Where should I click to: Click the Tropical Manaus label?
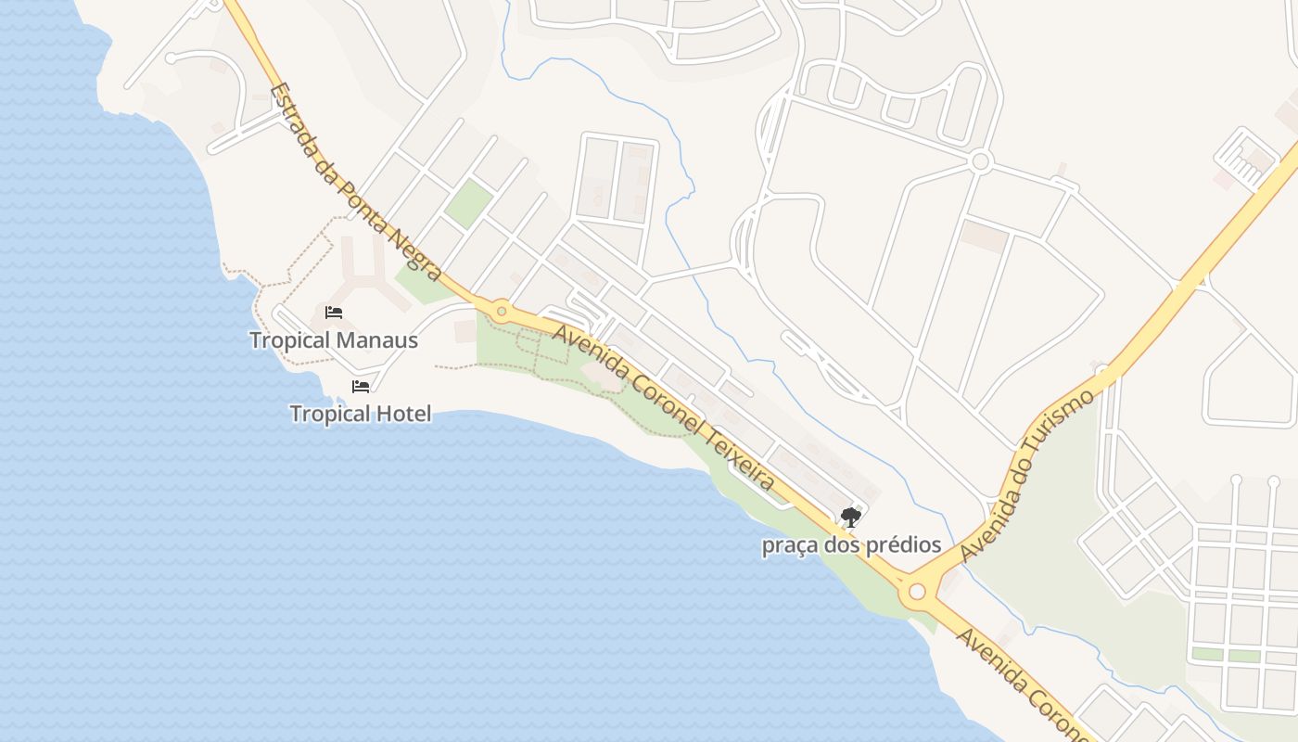click(x=334, y=340)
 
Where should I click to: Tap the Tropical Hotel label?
click(x=361, y=414)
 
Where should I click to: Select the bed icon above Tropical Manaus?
click(x=334, y=313)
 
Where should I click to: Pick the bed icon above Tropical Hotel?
click(x=361, y=386)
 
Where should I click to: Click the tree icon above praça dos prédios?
click(x=850, y=518)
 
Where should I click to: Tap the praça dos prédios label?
click(x=851, y=545)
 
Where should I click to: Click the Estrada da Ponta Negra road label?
click(x=356, y=182)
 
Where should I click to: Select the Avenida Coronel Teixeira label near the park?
click(x=663, y=408)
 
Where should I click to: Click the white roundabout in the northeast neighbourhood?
click(x=981, y=162)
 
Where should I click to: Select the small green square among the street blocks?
click(x=468, y=204)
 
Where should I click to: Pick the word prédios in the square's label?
click(x=903, y=545)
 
